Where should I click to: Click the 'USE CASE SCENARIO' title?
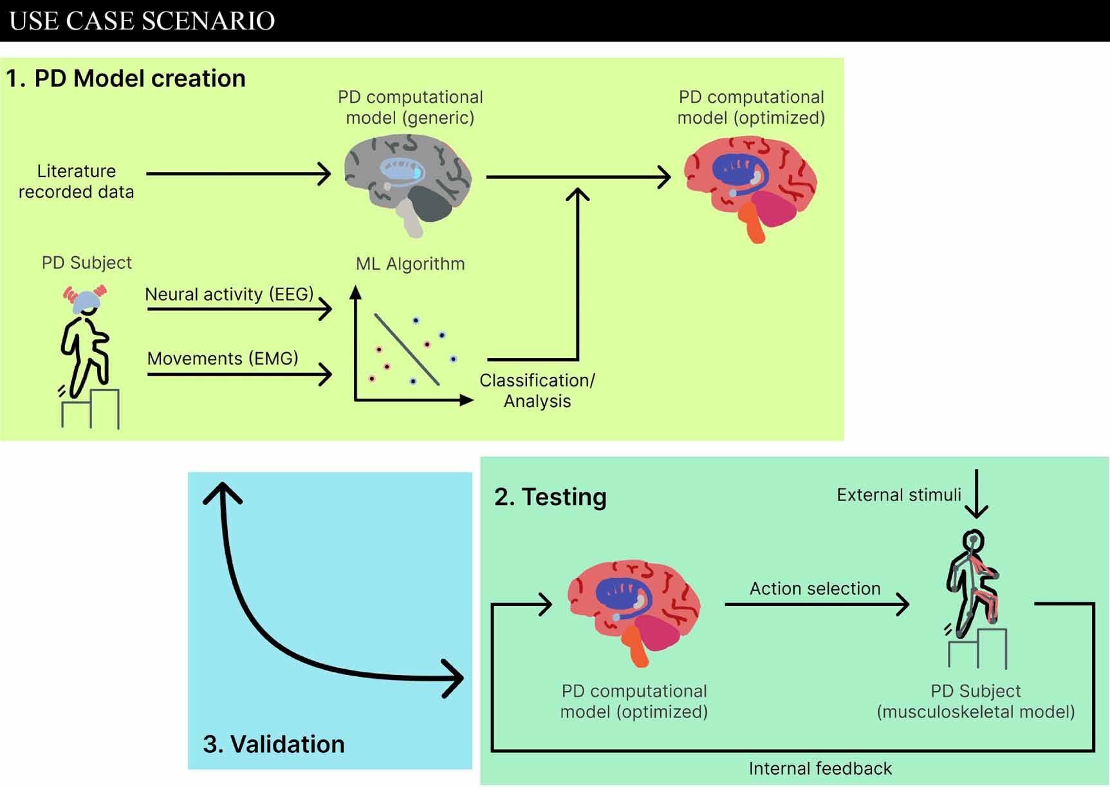tap(142, 21)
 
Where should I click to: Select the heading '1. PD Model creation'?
tap(126, 79)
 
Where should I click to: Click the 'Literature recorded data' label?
tap(76, 182)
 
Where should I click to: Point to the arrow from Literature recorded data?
tap(238, 174)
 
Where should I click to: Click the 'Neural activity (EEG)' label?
tap(229, 294)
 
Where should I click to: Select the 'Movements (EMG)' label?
tap(223, 359)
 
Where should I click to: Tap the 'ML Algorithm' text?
tap(410, 264)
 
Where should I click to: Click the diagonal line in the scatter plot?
tap(407, 350)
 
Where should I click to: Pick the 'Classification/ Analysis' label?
tap(537, 390)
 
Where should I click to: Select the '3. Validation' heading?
tap(273, 744)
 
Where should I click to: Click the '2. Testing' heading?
tap(550, 497)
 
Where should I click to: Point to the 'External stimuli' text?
tap(898, 495)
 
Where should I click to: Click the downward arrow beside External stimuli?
tap(976, 495)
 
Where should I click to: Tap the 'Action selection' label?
tap(815, 589)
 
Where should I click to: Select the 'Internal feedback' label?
tap(820, 768)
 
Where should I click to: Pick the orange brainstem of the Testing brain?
tap(638, 648)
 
